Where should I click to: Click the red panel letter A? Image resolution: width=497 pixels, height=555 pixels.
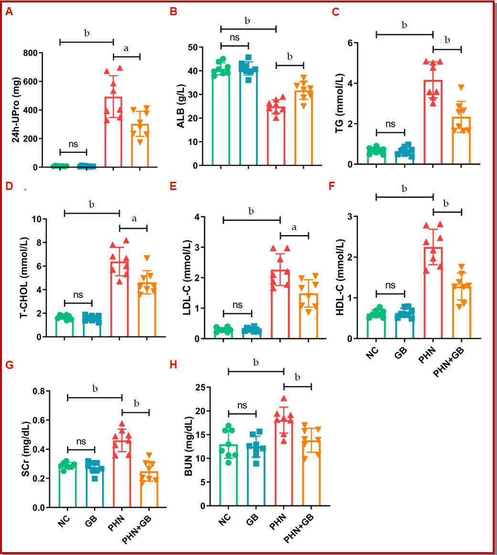pos(9,12)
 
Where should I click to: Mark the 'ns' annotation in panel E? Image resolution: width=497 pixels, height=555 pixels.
pos(237,305)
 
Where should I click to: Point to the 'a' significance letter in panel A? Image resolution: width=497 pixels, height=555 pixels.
pos(127,48)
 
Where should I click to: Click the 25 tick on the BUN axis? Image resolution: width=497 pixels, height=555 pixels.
pos(205,387)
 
